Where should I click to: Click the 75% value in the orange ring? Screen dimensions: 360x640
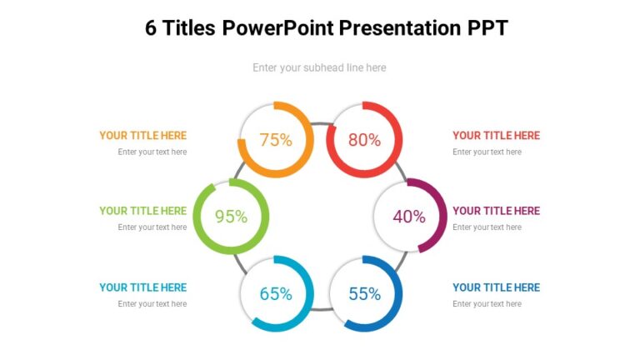[276, 140]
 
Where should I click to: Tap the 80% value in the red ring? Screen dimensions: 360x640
[364, 140]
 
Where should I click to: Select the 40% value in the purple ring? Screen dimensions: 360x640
[409, 217]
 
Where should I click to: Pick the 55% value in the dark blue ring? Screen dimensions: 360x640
[364, 293]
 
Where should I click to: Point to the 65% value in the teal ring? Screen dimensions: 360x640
[276, 293]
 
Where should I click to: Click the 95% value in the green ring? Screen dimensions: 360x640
[231, 217]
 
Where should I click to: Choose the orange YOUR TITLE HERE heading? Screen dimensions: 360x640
[142, 135]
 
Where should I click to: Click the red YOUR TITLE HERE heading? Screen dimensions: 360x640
[496, 135]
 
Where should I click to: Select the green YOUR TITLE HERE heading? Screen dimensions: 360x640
[142, 211]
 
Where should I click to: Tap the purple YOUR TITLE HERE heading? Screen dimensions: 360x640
[496, 211]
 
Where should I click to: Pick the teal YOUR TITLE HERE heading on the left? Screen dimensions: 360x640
[142, 287]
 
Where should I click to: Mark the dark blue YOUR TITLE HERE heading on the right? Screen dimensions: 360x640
[496, 287]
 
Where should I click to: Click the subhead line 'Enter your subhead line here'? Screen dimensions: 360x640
[319, 67]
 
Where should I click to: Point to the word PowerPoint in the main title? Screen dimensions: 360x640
[283, 28]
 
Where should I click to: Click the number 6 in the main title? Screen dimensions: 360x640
[151, 28]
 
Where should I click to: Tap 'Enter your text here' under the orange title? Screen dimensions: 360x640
[152, 152]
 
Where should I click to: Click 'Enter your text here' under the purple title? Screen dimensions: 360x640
[487, 227]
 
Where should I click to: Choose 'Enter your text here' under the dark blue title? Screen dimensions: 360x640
[487, 304]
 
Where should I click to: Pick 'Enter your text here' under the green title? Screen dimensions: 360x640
[152, 227]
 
